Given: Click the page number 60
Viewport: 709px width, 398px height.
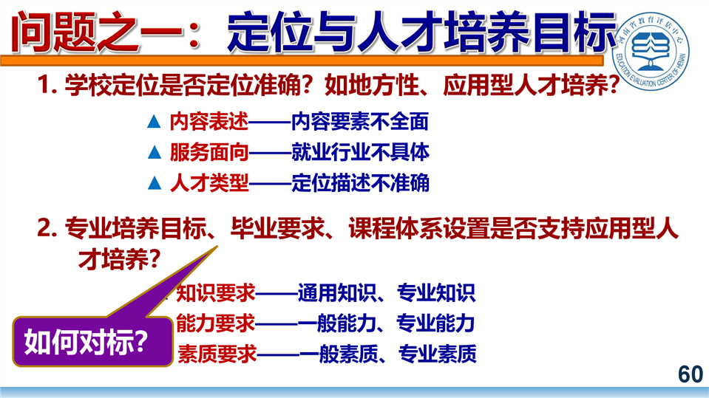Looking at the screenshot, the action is coord(691,374).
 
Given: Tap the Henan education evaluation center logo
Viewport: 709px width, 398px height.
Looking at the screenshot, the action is coord(651,50).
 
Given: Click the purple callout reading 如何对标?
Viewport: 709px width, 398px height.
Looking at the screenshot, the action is coord(92,341).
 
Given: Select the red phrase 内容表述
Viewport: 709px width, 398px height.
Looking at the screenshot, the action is coord(209,122).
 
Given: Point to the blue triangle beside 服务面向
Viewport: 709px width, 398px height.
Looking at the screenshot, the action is coord(155,153).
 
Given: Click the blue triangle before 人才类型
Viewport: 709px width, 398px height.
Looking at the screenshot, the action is coord(155,183).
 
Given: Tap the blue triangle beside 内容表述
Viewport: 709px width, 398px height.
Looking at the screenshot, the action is coord(155,122).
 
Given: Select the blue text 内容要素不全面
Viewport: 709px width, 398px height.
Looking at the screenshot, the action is coord(360,122).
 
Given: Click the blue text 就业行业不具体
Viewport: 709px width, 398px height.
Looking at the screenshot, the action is coord(360,152).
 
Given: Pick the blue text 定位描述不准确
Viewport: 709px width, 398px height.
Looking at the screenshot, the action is coord(360,183).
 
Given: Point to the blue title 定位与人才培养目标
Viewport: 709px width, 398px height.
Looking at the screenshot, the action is coord(421,32).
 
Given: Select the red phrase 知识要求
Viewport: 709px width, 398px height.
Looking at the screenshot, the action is coord(216,293).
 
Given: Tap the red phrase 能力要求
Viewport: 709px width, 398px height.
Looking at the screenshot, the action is coord(216,323).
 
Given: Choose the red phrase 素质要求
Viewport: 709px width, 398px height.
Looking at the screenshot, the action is coord(217,354).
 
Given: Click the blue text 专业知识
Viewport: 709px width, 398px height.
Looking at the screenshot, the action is coord(436,293).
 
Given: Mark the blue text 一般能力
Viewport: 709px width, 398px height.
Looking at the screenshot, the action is coord(337,323).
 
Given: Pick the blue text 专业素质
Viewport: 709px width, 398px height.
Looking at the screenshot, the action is coord(437,354).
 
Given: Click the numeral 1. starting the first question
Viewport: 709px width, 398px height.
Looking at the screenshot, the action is coord(47,84).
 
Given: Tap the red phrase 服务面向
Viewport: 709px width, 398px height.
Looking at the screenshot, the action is coord(209,152).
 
